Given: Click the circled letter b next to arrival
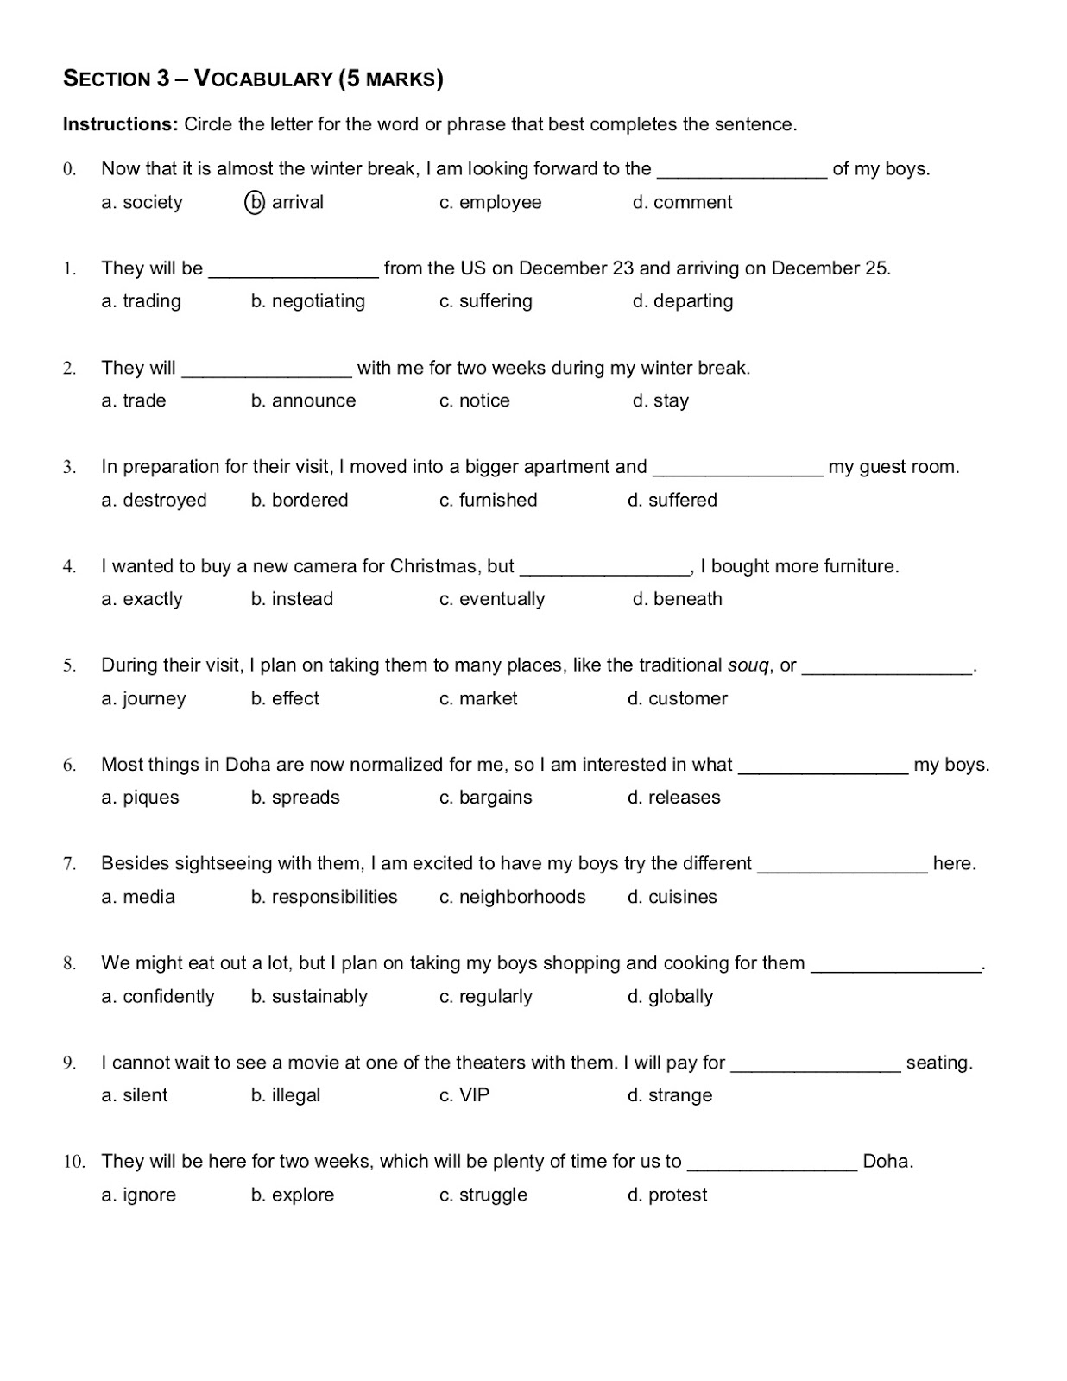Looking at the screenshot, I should [255, 203].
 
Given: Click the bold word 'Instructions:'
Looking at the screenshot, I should [120, 124].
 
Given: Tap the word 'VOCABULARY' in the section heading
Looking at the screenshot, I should [263, 79].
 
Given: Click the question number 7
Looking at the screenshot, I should [69, 864].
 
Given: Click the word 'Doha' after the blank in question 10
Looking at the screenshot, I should [887, 1162].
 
